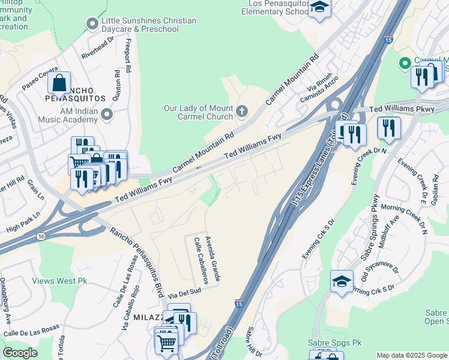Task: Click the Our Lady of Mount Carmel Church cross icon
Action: tap(242, 111)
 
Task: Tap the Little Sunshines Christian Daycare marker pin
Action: tap(92, 24)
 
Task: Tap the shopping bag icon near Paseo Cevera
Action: tap(59, 83)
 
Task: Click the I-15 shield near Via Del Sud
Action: tap(240, 304)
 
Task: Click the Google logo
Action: tap(20, 353)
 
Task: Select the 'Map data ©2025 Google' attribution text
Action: tap(411, 355)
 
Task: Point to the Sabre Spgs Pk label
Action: tap(328, 343)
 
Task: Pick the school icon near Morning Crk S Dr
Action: tap(342, 281)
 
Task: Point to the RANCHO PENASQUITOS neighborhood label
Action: tap(75, 97)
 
